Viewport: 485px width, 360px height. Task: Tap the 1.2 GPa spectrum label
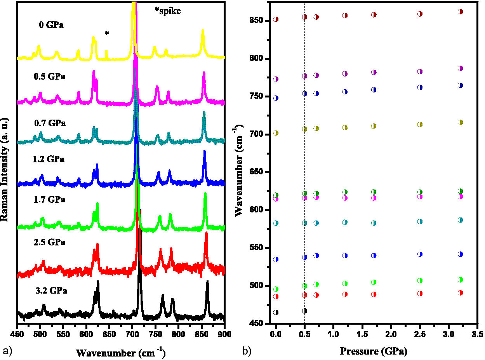point(49,159)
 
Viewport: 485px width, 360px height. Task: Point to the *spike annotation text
point(168,11)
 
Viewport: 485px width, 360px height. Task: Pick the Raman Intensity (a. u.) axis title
point(5,169)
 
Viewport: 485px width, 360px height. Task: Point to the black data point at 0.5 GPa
point(304,311)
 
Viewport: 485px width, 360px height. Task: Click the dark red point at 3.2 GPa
point(460,12)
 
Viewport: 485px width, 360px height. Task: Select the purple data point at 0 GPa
point(276,79)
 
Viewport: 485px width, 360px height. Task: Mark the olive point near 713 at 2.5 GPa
point(420,125)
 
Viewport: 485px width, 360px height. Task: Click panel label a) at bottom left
point(7,351)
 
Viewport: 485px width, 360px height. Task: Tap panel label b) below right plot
point(247,351)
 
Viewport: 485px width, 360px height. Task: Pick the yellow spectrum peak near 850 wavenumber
point(202,32)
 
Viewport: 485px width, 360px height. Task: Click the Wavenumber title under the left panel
point(121,353)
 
